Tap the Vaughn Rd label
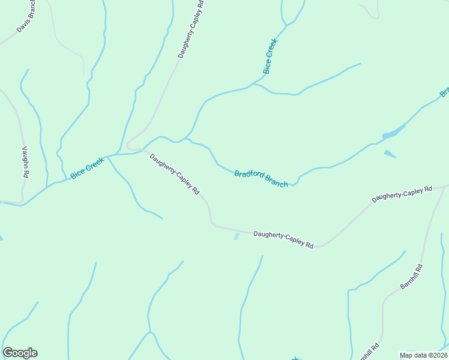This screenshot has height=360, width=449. [x=25, y=161]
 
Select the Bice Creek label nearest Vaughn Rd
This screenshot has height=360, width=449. [x=87, y=167]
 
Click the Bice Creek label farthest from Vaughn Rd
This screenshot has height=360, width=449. [x=270, y=56]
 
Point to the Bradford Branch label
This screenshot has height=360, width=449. [x=261, y=178]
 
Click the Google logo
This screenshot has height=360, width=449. [x=20, y=353]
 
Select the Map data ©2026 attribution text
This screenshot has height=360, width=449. [x=423, y=355]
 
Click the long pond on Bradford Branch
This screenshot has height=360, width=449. [x=394, y=131]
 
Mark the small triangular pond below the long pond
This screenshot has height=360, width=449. [x=390, y=154]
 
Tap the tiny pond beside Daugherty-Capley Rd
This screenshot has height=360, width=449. [x=237, y=236]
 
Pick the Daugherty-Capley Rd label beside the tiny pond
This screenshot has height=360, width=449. [x=283, y=239]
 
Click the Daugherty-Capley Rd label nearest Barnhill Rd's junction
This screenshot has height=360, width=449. [x=402, y=194]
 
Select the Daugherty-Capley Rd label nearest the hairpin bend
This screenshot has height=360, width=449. [x=174, y=174]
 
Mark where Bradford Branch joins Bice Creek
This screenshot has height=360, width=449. [x=187, y=139]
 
